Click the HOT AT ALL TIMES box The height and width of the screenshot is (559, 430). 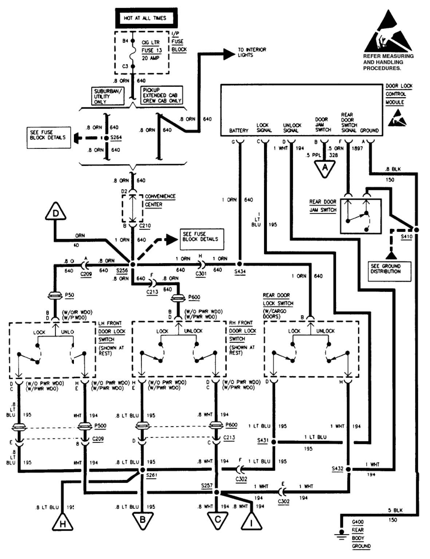coord(145,18)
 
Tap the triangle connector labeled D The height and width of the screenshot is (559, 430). coord(55,213)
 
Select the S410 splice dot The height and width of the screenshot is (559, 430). coord(417,230)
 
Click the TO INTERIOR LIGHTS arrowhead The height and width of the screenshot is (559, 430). coord(229,53)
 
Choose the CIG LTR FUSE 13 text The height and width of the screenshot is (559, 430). coord(151,46)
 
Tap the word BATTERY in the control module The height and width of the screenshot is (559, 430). coord(239,130)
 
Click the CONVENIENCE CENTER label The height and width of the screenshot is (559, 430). coord(160,200)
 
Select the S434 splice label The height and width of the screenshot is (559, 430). coord(240,271)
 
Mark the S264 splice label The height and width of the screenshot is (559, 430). coord(116,138)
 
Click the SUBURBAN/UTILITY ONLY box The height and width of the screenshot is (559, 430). coord(107,96)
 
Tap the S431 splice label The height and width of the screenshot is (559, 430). coord(263,441)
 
